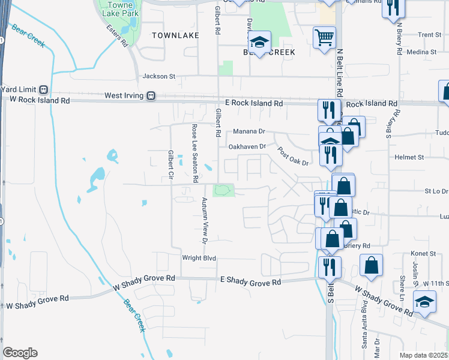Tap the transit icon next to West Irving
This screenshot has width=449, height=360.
coord(152,95)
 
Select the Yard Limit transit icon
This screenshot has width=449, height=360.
coord(43,89)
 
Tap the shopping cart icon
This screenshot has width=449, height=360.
coord(324,37)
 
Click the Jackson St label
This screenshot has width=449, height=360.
coord(158,76)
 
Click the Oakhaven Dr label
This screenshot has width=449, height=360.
coord(247,146)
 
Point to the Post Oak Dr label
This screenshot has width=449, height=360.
coord(293,155)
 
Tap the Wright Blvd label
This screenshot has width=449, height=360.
coord(199,258)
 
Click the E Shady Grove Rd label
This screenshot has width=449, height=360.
coord(250,281)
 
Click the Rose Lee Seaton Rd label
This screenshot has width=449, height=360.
coord(194,153)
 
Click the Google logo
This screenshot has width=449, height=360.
coord(20,353)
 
